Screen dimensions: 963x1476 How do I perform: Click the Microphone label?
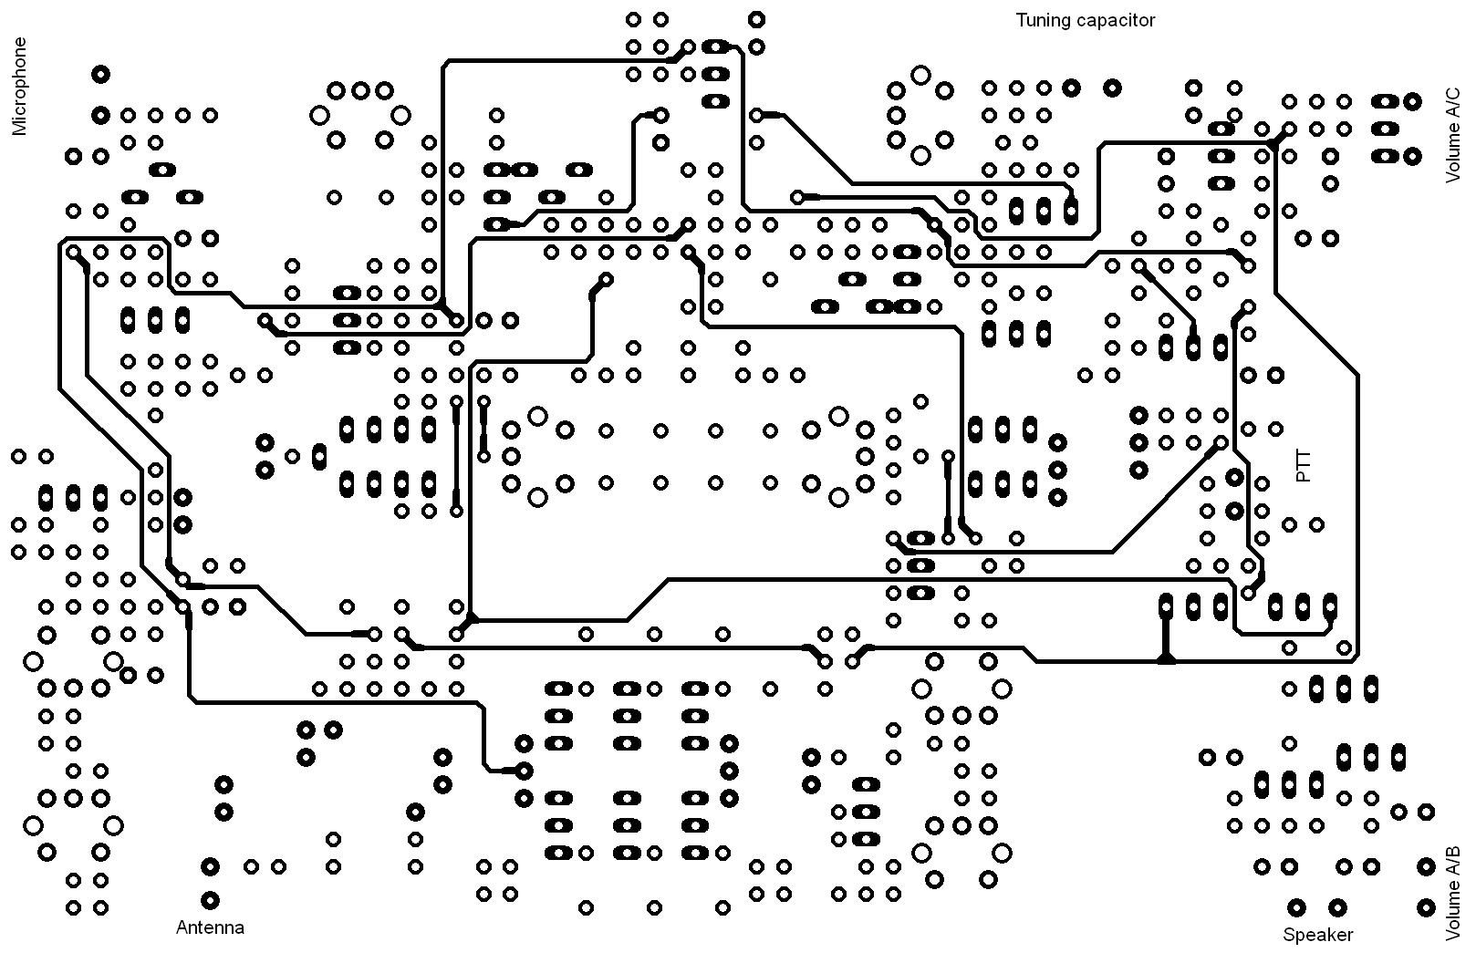(20, 87)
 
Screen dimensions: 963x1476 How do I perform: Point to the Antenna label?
(210, 928)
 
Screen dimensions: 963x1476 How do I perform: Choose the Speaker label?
(1318, 935)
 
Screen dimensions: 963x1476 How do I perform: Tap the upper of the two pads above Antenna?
(211, 866)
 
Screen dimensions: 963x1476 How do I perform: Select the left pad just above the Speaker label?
(1296, 907)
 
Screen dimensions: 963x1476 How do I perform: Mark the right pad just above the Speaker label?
(1337, 907)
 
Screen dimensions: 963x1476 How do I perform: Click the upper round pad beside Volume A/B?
(1426, 866)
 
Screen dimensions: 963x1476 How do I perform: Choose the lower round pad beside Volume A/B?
(1426, 907)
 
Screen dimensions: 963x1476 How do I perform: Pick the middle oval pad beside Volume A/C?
(1386, 129)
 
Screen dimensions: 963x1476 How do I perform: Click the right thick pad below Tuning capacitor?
(1112, 88)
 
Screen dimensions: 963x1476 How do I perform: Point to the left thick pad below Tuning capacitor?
(1071, 88)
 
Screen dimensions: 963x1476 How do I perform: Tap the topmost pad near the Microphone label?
(101, 74)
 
